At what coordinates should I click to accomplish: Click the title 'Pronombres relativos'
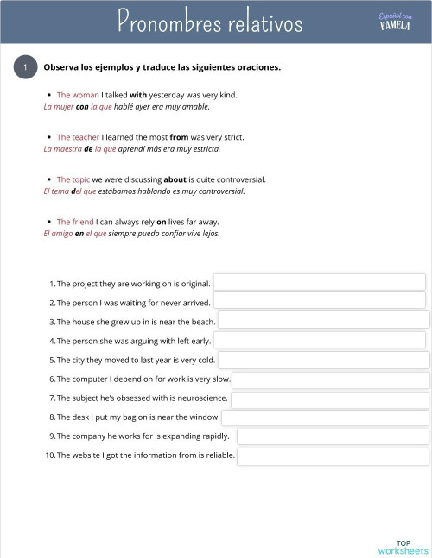(210, 21)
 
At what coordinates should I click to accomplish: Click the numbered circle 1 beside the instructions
(26, 67)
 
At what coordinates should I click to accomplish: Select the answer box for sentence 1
(319, 283)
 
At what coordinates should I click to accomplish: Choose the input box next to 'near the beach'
(323, 320)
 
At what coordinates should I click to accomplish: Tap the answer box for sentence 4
(320, 340)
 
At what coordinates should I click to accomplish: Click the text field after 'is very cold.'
(323, 359)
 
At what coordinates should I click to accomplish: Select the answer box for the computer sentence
(331, 379)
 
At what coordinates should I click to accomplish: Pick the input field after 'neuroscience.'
(330, 398)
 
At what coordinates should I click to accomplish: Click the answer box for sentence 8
(326, 417)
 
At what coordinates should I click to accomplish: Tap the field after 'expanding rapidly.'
(333, 436)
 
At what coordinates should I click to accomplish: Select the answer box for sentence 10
(333, 455)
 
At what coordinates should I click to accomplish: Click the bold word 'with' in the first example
(138, 95)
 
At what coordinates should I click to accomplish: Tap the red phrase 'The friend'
(75, 222)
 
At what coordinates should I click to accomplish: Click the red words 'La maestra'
(61, 148)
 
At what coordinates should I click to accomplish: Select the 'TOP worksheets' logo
(403, 547)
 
